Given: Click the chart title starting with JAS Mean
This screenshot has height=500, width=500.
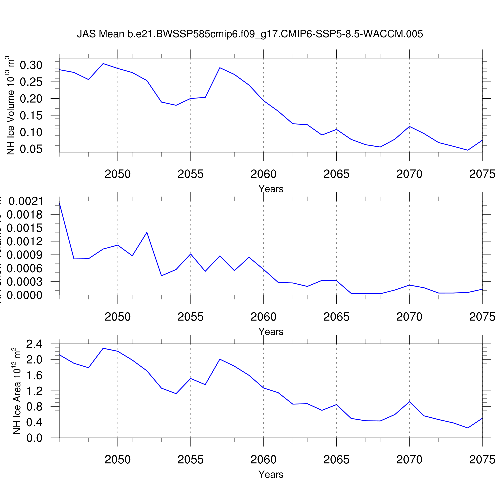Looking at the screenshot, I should tap(250, 34).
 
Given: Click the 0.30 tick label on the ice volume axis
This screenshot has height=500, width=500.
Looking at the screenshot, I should tap(31, 65).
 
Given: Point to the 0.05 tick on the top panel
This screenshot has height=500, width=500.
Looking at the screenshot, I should tap(31, 149).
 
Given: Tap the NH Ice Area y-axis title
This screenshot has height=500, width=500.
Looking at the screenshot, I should tap(17, 391).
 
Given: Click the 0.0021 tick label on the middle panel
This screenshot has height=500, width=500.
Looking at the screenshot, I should tap(26, 201).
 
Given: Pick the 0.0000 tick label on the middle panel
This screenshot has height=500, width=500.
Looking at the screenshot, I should tap(26, 295).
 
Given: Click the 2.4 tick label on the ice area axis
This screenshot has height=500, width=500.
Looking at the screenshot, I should tap(34, 344).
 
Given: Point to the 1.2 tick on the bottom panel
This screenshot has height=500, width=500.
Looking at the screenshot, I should tap(34, 391).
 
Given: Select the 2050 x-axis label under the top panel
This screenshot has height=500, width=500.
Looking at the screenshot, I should tap(118, 174).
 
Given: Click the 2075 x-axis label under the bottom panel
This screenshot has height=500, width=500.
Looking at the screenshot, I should tap(482, 460).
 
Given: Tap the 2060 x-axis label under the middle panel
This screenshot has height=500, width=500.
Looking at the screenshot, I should tap(263, 317).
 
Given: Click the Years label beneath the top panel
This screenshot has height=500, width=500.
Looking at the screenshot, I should tap(271, 189).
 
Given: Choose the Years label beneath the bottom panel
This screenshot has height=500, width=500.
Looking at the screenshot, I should tap(271, 474).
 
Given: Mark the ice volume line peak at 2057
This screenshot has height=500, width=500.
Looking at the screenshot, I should tap(220, 68).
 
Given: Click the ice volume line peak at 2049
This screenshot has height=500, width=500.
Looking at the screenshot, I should tap(103, 63).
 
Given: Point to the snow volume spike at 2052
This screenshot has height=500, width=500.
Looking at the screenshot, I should tap(147, 232).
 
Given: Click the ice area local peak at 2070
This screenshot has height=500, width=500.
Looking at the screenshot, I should tap(409, 402).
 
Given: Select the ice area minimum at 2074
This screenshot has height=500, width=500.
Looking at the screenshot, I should tap(468, 428).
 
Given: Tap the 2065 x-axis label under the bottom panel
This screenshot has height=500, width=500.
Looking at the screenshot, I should tap(336, 460).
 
